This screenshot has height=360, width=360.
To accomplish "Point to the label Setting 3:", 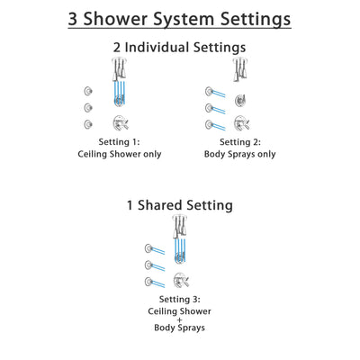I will tap(176, 299).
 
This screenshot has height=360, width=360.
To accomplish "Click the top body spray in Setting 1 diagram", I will tap(87, 90).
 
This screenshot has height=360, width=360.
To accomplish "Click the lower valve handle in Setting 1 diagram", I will tap(118, 123).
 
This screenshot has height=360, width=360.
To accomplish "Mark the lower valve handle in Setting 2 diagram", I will tap(241, 123).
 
